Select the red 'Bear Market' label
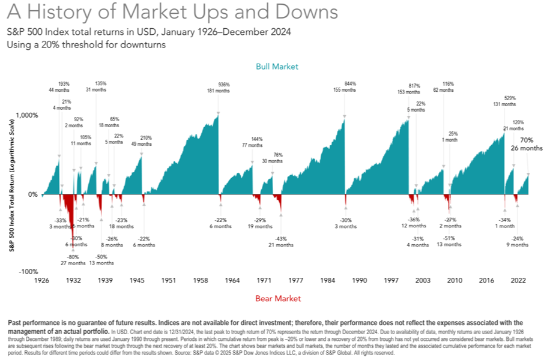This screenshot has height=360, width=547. tap(277, 298)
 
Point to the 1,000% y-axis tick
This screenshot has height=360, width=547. tap(26, 115)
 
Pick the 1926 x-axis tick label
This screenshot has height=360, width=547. tap(41, 281)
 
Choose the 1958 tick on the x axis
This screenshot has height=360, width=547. tap(200, 281)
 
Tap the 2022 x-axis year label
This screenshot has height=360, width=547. tap(518, 281)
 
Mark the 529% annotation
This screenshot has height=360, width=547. tap(509, 97)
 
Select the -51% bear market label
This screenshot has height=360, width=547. tap(449, 239)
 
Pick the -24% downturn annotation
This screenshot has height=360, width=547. tap(517, 238)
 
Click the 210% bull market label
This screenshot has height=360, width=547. tap(146, 138)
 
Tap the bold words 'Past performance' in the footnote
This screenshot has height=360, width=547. tap(36, 323)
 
